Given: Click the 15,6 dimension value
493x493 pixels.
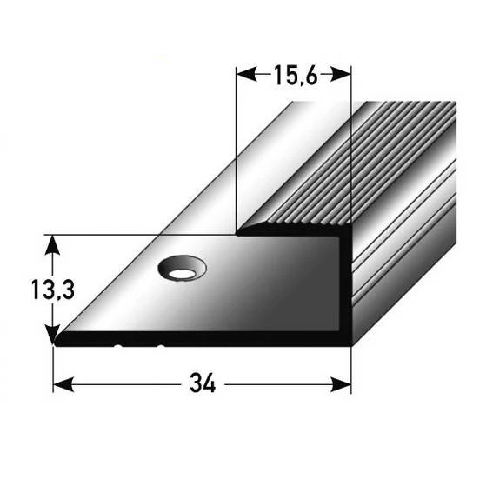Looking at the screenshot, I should [295, 76].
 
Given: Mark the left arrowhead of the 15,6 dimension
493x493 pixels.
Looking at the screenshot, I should [243, 76].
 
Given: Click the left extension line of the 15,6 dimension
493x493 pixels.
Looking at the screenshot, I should [237, 148].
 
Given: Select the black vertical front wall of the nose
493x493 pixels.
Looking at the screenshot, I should [345, 287].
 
